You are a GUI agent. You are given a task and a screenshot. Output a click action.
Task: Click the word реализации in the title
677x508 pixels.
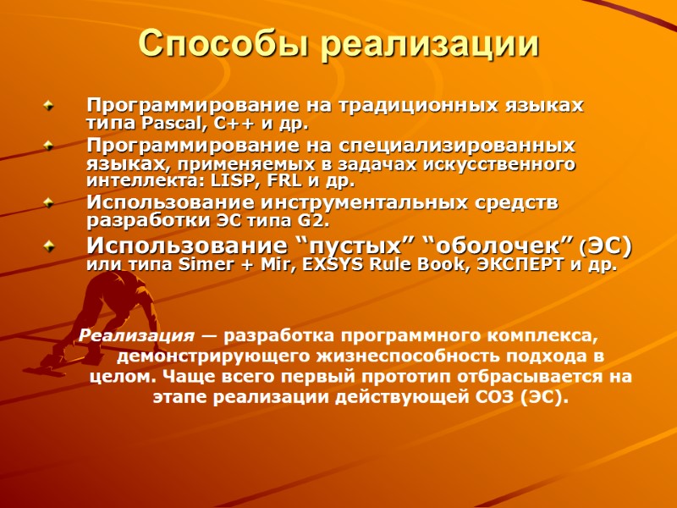[x=431, y=44]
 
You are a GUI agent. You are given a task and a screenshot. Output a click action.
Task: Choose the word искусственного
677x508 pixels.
[x=491, y=163]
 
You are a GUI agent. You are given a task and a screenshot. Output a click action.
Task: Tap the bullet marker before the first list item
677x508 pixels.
[x=49, y=107]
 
